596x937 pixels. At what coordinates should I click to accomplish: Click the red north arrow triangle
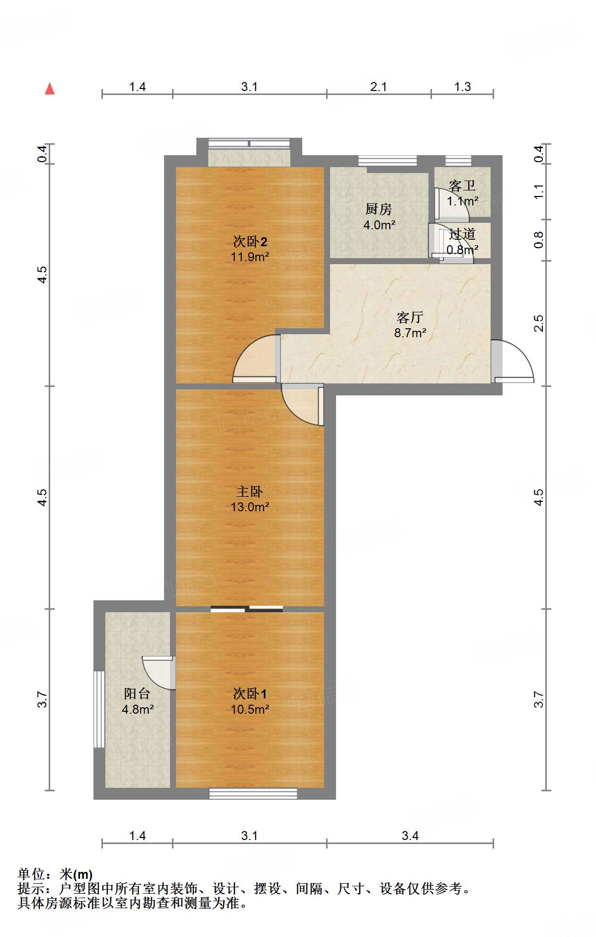[50, 89]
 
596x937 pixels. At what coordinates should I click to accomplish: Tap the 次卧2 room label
[250, 242]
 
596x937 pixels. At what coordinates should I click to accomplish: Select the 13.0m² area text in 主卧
[250, 507]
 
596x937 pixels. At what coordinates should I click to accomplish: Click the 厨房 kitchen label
[378, 209]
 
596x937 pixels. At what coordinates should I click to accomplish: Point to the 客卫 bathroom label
[462, 186]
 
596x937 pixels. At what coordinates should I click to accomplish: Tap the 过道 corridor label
[462, 234]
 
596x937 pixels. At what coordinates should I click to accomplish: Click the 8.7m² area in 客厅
[410, 333]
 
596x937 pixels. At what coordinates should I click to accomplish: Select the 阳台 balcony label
[137, 693]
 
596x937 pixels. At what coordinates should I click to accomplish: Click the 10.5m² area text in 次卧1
[250, 709]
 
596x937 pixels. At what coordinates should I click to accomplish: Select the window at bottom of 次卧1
[253, 793]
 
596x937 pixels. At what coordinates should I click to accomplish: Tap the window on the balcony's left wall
[99, 709]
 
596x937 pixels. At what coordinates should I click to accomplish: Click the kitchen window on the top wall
[387, 160]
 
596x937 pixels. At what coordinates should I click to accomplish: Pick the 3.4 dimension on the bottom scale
[410, 836]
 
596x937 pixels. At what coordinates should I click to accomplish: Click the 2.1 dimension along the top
[378, 87]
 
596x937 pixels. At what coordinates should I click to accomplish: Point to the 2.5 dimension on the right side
[539, 323]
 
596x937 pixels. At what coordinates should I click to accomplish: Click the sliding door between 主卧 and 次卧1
[247, 609]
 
